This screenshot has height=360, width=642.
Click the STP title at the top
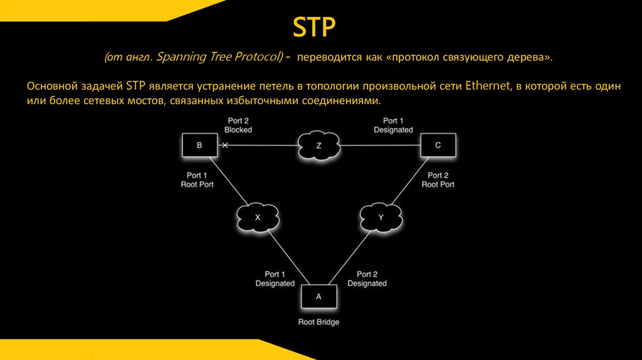coord(315,28)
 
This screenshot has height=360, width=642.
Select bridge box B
coord(199,146)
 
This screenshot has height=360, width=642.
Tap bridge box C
coord(438,146)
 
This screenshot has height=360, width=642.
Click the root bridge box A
coord(318,297)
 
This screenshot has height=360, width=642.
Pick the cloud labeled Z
coord(318,146)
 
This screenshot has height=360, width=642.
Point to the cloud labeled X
coord(257,218)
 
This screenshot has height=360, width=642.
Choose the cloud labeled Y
coord(381,218)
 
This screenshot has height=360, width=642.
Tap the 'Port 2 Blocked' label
coord(238,125)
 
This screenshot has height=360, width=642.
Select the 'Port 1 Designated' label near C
coord(393,125)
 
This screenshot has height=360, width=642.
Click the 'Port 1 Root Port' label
coord(197,180)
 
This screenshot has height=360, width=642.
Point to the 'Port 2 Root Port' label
coord(438,180)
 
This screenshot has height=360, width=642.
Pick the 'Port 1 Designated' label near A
coord(275,278)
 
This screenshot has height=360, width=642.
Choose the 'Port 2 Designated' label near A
coord(367,278)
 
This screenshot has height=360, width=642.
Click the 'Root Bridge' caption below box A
coord(318,322)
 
